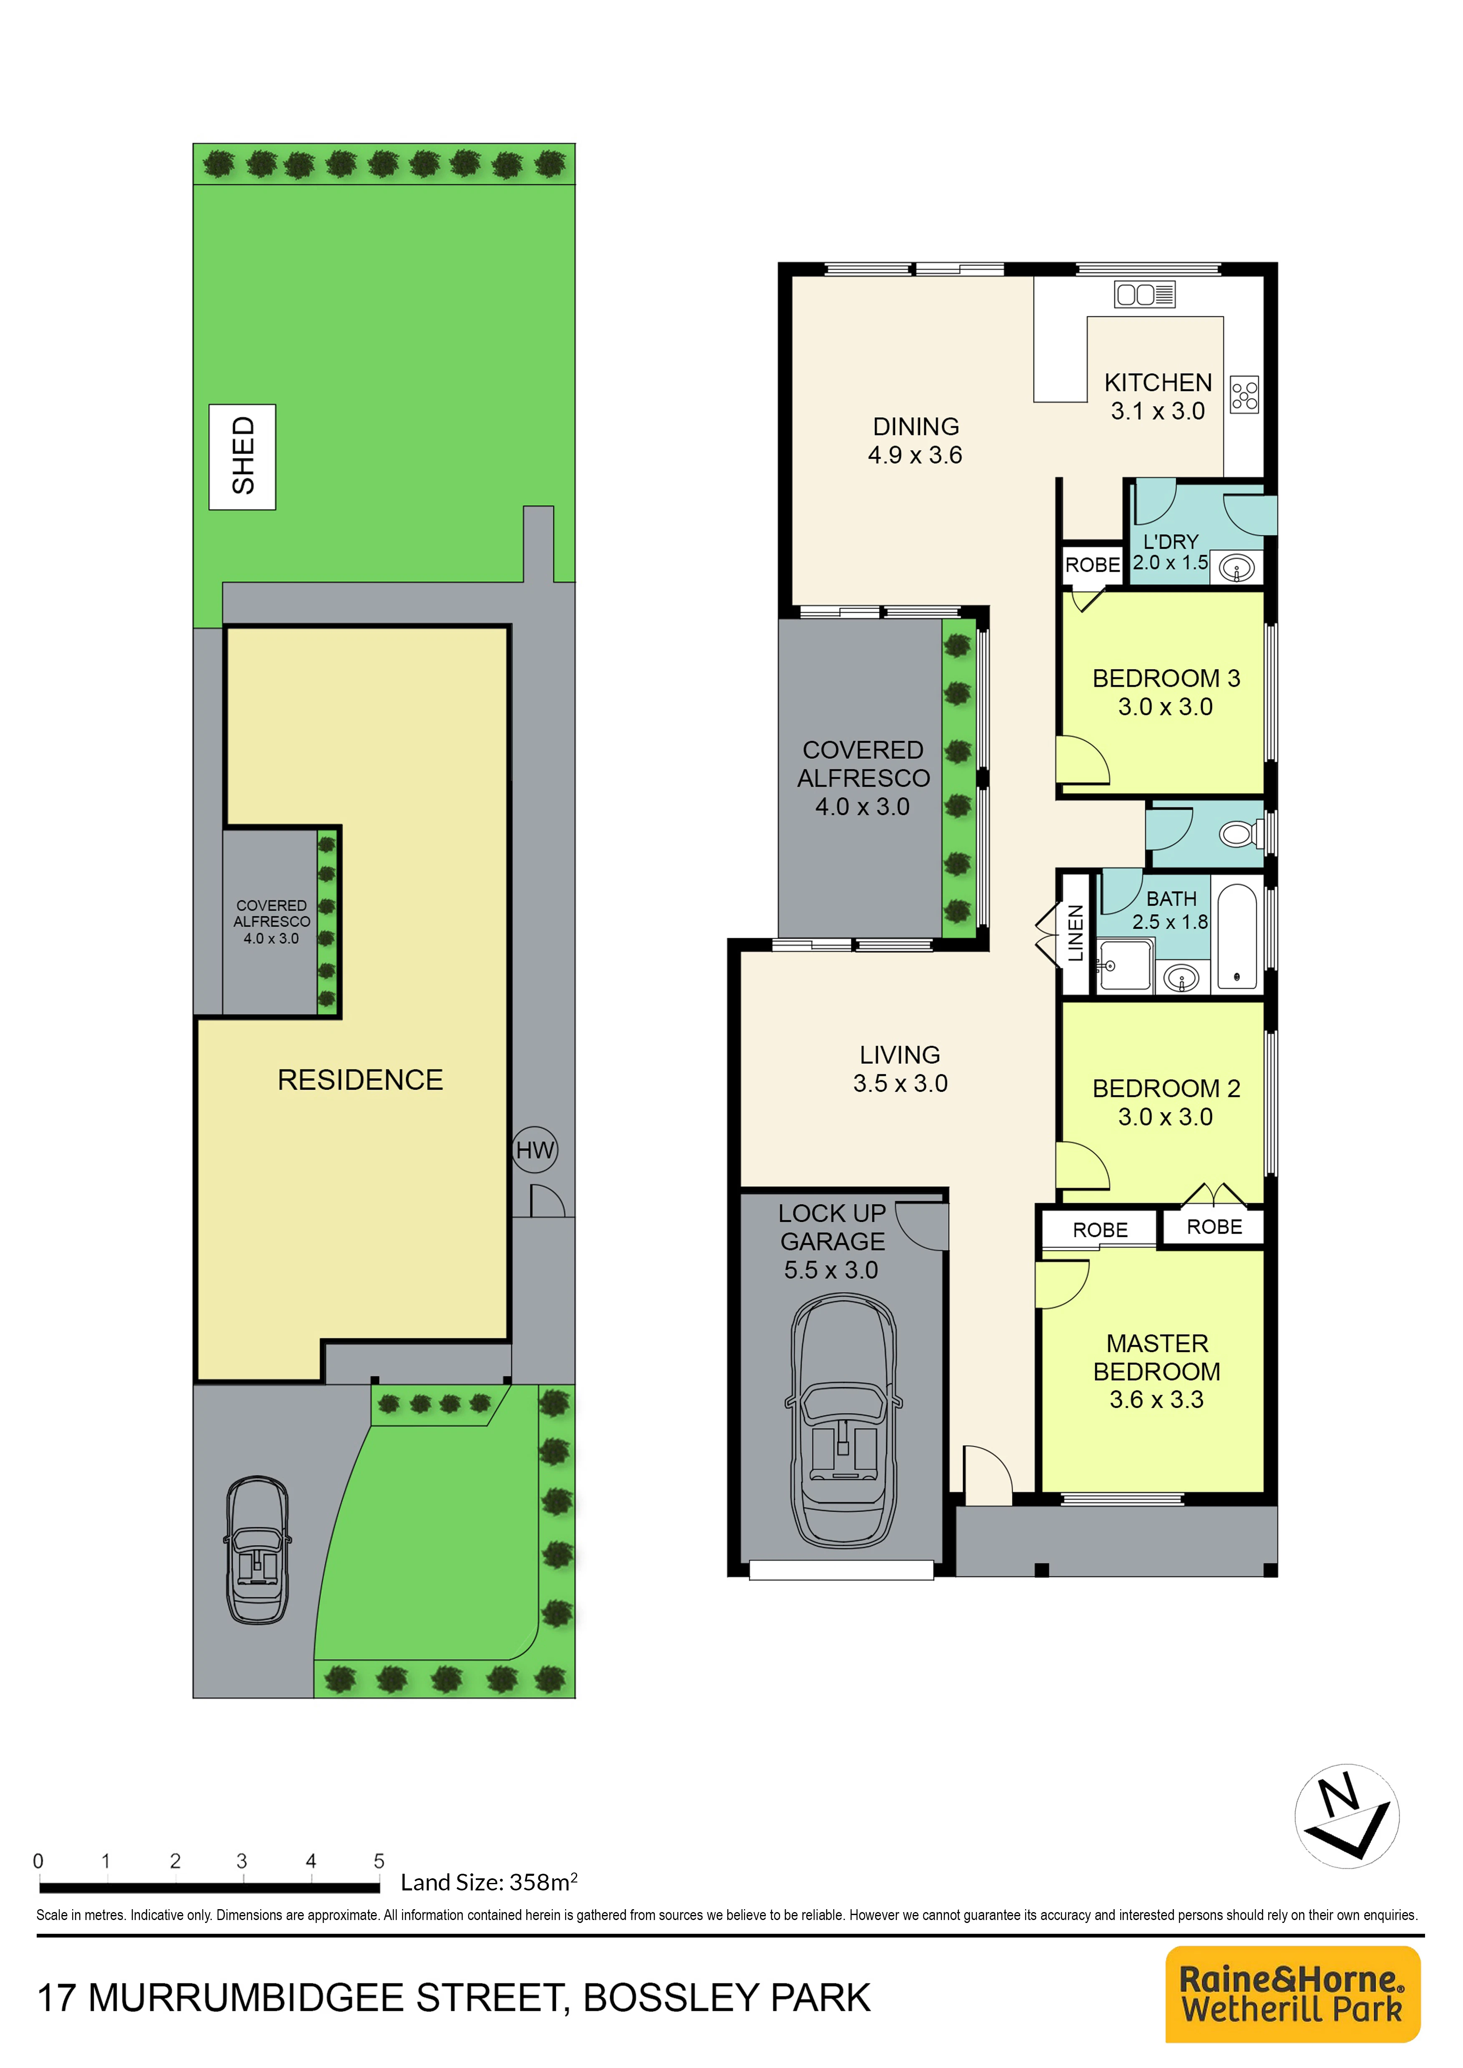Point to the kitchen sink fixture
tap(1145, 295)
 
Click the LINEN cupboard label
tap(1075, 933)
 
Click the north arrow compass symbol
tap(1347, 1816)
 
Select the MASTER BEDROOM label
tap(1157, 1357)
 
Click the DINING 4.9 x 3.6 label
tap(915, 441)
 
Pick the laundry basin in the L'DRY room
tap(1237, 568)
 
